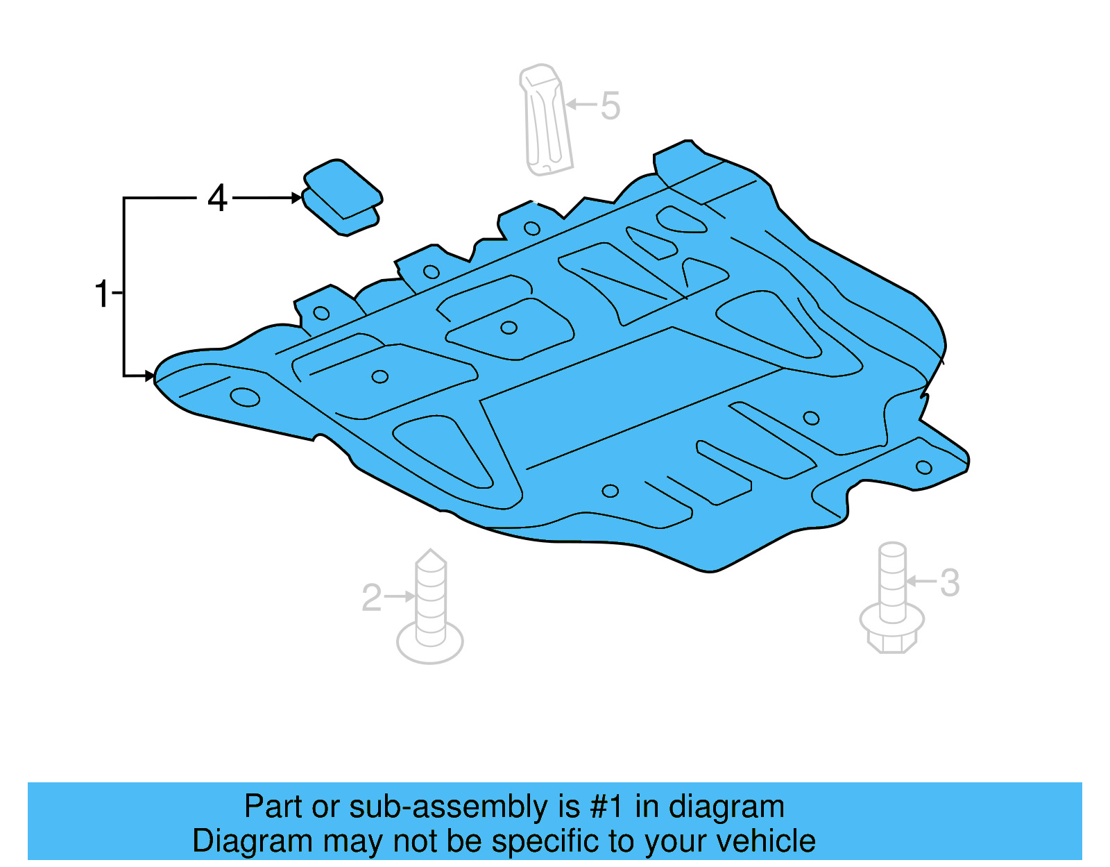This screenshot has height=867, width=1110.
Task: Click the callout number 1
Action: pos(102,294)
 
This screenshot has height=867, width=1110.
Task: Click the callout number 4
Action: pos(217,199)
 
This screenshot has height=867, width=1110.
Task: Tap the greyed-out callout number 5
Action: pos(610,106)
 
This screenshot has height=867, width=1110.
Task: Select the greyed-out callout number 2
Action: pos(372,598)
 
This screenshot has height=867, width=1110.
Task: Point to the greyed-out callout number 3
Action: pos(950,582)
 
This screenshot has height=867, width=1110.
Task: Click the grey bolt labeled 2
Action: pos(430,611)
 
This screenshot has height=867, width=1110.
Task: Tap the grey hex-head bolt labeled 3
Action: pos(892,600)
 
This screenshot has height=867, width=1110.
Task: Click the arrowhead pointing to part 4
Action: pos(296,199)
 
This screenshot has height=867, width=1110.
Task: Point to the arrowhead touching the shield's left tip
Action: pos(150,376)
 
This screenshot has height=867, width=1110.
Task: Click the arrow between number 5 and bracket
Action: pos(581,105)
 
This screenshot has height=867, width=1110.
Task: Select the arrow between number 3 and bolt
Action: pos(921,581)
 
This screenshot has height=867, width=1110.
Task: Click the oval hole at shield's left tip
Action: pos(245,398)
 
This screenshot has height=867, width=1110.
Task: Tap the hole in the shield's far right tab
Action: pos(923,467)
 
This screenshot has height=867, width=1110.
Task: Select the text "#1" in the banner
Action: pos(606,807)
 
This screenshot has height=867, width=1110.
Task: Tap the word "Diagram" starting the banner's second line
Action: pos(253,841)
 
